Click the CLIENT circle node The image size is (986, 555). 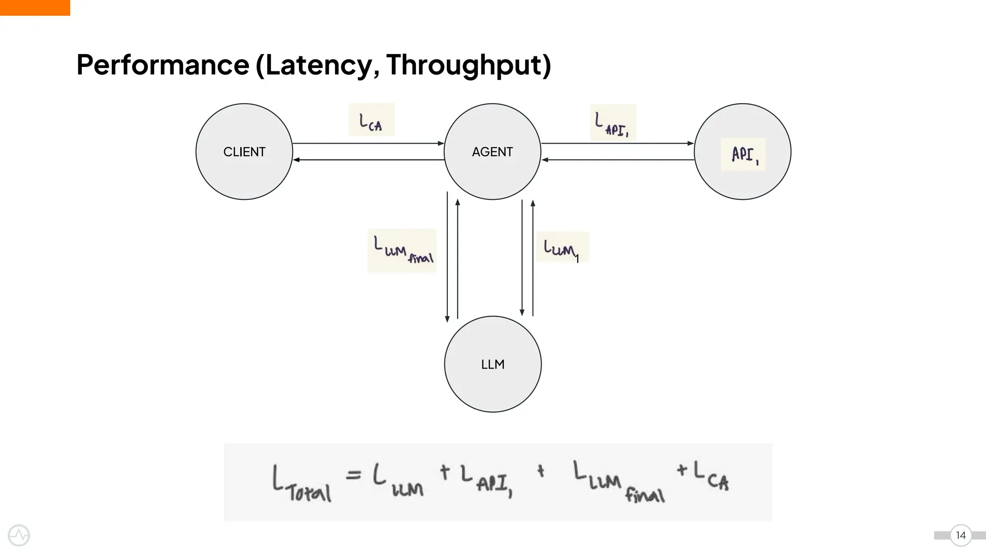(x=244, y=152)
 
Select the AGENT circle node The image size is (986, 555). (x=492, y=152)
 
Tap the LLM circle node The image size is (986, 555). (x=493, y=364)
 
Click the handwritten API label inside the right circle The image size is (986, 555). (x=743, y=155)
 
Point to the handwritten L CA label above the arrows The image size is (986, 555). (x=371, y=120)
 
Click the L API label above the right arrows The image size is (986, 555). (x=612, y=123)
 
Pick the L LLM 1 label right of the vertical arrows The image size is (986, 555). (x=561, y=248)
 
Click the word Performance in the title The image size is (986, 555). (x=163, y=65)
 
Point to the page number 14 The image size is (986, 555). (x=960, y=535)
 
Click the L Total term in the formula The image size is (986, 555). (x=301, y=484)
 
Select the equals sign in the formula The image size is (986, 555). (x=353, y=475)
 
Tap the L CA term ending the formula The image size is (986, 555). (x=712, y=476)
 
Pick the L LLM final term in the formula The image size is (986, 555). (x=619, y=482)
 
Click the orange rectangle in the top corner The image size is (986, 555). (x=35, y=8)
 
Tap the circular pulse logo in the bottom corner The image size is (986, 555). (x=19, y=535)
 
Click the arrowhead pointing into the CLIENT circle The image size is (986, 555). (x=296, y=160)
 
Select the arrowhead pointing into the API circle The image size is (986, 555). (x=691, y=144)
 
